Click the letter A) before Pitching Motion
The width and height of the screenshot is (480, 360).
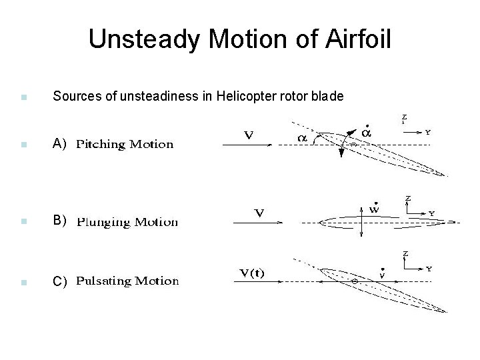pos(60,143)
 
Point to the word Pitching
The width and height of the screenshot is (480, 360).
pos(101,144)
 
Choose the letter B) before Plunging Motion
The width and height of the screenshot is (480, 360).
pos(60,221)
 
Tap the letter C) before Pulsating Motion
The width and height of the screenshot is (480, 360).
pos(60,281)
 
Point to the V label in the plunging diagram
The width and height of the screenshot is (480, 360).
pos(258,214)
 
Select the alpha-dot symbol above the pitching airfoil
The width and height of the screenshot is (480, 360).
pos(365,132)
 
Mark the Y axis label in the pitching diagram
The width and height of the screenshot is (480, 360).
pos(427,132)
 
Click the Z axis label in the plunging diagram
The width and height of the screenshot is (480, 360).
pos(407,198)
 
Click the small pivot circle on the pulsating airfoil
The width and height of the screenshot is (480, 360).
pos(355,282)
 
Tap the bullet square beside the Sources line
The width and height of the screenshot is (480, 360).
pos(23,97)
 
